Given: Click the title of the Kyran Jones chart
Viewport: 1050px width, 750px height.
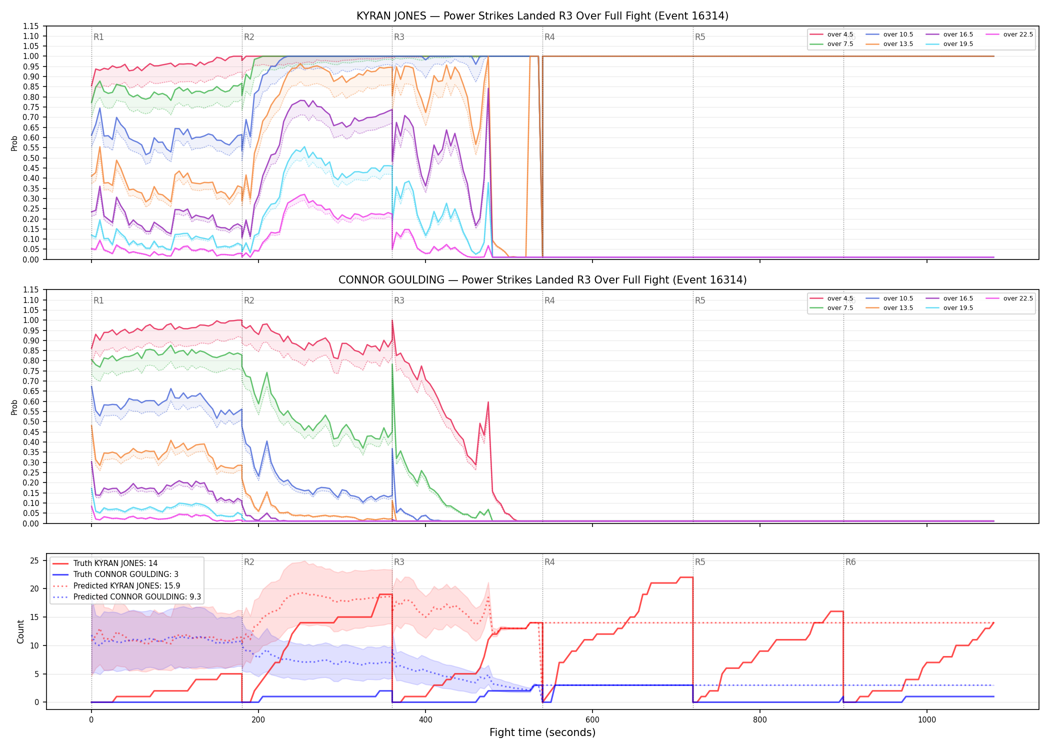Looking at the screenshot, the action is coord(542,16).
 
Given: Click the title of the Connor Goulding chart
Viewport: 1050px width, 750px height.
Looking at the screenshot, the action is coord(542,280).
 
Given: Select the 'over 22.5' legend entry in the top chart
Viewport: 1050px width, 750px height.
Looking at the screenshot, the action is coord(1009,34).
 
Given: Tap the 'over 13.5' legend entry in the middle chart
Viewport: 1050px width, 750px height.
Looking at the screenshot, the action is coord(889,308).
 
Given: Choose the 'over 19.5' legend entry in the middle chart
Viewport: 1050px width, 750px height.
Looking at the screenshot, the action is coord(949,308).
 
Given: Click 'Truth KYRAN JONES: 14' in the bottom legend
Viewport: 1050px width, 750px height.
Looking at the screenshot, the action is coord(105,563).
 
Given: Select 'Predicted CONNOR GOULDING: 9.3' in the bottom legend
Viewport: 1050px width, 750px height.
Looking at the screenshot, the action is coord(126,596).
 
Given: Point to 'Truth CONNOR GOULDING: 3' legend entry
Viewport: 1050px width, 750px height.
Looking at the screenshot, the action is coord(115,574).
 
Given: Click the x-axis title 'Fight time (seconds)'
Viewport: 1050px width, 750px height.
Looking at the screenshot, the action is coord(542,732).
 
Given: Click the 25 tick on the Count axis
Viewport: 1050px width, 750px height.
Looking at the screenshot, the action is coord(34,560).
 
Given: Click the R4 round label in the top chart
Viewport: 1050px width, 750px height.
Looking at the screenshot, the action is coord(549,37).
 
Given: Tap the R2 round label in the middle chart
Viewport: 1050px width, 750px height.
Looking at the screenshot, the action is coord(249,300).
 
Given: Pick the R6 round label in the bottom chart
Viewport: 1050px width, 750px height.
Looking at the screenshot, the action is coord(850,562).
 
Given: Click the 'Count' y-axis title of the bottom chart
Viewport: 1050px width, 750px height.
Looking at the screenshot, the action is coord(20,631).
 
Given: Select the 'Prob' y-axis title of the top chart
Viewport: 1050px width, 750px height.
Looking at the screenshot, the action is coord(14,143).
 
